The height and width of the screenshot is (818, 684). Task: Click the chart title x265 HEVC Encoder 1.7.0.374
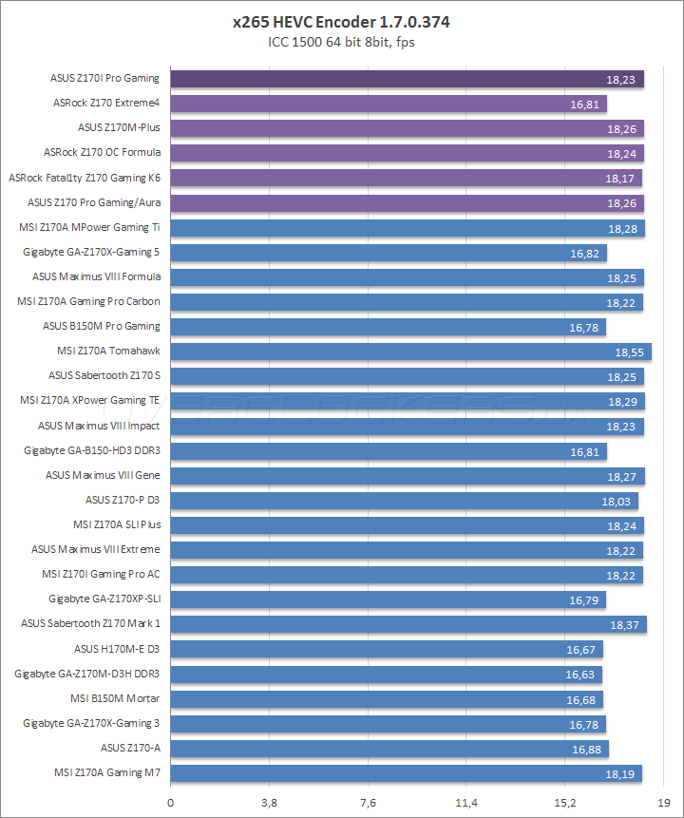[342, 22]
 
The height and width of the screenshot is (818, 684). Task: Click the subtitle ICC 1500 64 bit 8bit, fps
[342, 41]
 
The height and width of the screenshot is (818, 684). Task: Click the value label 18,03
[617, 500]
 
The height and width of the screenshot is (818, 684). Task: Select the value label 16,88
[587, 749]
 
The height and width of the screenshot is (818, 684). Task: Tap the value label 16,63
[580, 674]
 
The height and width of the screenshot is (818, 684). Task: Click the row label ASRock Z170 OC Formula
[103, 152]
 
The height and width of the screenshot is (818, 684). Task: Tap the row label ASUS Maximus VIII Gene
[103, 475]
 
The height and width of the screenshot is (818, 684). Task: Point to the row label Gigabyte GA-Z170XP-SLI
[104, 599]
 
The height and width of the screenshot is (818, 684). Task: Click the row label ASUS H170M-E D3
[117, 649]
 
